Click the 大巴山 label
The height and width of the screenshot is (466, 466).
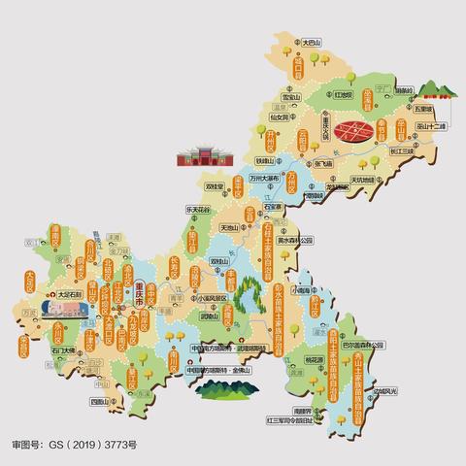pos(312,43)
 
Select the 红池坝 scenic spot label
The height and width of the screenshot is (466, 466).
pos(344,96)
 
